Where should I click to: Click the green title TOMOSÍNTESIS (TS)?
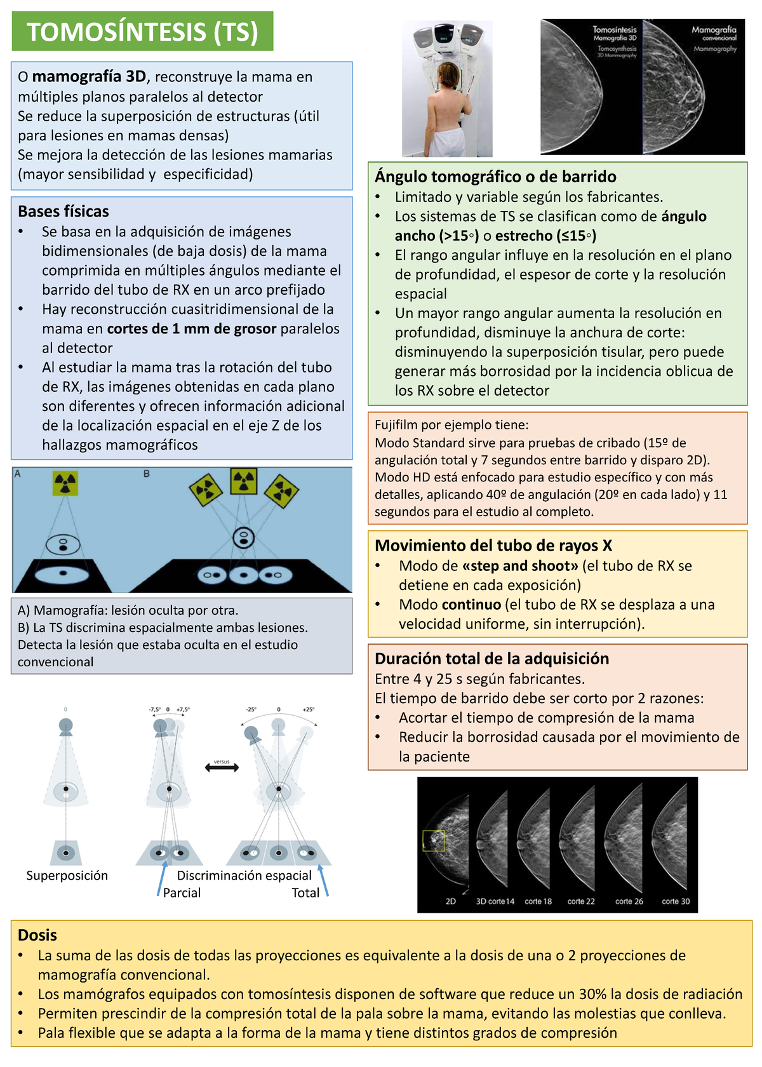click(142, 32)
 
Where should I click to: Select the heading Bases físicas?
click(63, 211)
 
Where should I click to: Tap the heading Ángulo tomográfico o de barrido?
click(495, 177)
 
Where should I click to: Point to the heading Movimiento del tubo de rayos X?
click(493, 546)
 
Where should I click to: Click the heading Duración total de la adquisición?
click(491, 659)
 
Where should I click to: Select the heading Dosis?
click(37, 935)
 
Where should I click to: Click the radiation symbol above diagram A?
click(65, 484)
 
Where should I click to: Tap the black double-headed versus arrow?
click(222, 768)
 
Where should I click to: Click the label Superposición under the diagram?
click(67, 875)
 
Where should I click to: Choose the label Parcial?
click(182, 892)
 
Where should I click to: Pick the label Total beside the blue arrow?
click(305, 892)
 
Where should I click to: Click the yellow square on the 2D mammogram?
click(434, 841)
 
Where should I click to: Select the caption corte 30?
click(676, 901)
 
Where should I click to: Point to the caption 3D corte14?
click(495, 901)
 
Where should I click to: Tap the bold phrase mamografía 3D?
click(89, 77)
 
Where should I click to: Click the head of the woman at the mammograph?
click(447, 70)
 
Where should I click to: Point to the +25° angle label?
click(308, 709)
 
